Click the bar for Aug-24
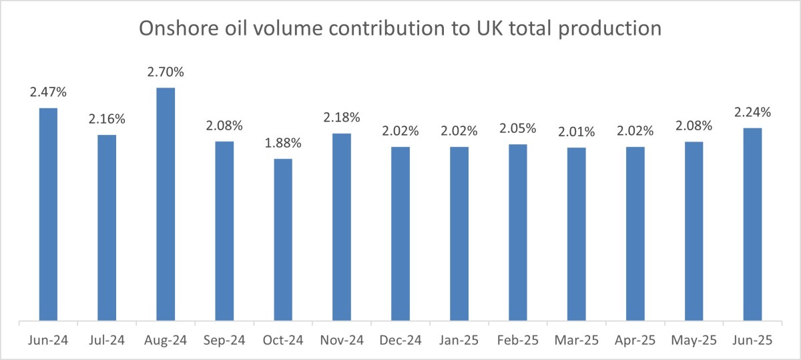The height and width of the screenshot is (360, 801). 166,204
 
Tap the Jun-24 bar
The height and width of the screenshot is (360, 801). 48,214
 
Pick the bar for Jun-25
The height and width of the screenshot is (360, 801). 752,224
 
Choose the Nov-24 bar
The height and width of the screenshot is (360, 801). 342,227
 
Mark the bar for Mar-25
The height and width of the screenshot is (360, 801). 576,234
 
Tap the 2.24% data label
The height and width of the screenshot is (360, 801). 752,112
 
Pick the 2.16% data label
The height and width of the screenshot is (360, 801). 107,120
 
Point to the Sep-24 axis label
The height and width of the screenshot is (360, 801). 224,341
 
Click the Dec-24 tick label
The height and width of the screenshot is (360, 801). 400,341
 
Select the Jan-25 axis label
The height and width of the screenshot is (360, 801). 459,341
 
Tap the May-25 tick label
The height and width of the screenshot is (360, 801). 694,341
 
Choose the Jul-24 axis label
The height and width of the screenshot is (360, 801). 107,341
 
